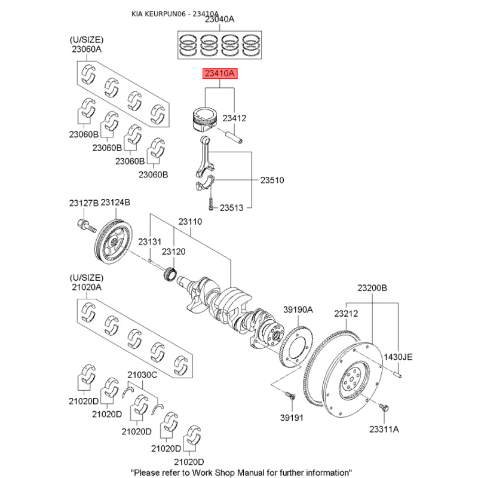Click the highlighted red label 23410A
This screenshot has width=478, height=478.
[220, 73]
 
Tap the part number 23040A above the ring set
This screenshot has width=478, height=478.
[219, 19]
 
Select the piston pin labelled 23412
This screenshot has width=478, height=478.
[234, 137]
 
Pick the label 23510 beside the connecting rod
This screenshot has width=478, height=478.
[272, 180]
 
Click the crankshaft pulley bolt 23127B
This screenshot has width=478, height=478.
[87, 226]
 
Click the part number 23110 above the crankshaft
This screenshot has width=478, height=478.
[190, 222]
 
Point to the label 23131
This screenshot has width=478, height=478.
[149, 242]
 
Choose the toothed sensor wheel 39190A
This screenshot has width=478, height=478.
[296, 346]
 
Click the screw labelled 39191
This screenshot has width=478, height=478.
[290, 396]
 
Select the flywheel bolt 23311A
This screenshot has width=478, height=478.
[384, 407]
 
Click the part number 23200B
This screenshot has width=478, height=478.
[372, 288]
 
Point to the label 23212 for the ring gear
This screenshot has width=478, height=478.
[346, 313]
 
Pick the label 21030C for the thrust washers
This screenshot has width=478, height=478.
[142, 375]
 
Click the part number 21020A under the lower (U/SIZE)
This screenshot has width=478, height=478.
[87, 287]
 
